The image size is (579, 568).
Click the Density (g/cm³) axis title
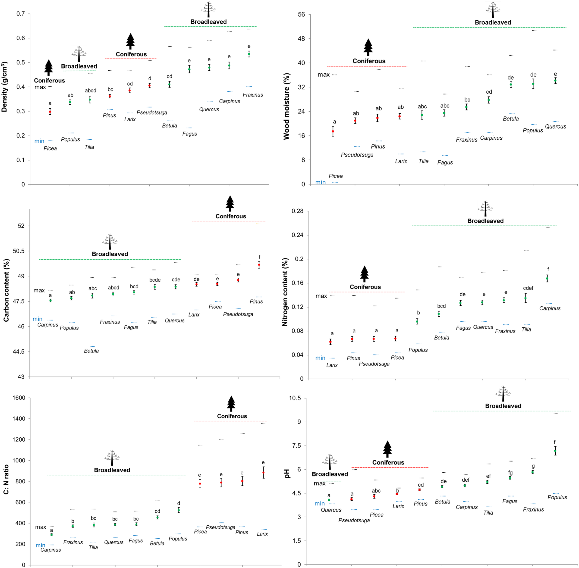(x=4, y=87)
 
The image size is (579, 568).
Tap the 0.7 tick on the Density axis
(x=21, y=14)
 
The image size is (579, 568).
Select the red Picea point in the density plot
(x=50, y=112)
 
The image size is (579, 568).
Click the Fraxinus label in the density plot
(x=252, y=95)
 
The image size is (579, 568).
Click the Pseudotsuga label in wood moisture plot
(x=357, y=155)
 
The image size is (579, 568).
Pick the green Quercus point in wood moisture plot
(x=555, y=81)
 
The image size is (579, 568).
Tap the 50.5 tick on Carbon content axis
(x=19, y=251)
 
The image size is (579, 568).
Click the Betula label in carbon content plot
(x=91, y=351)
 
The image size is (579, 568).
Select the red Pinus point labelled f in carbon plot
(x=259, y=265)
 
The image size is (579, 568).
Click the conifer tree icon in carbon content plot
(x=230, y=204)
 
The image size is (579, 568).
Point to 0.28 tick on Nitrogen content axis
(x=297, y=211)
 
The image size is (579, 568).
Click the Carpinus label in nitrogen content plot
(x=550, y=308)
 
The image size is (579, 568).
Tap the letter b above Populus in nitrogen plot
(x=419, y=313)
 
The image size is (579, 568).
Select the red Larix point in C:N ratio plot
(x=263, y=473)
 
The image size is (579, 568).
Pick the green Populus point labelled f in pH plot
(x=555, y=451)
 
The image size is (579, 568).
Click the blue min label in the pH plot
(x=319, y=504)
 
